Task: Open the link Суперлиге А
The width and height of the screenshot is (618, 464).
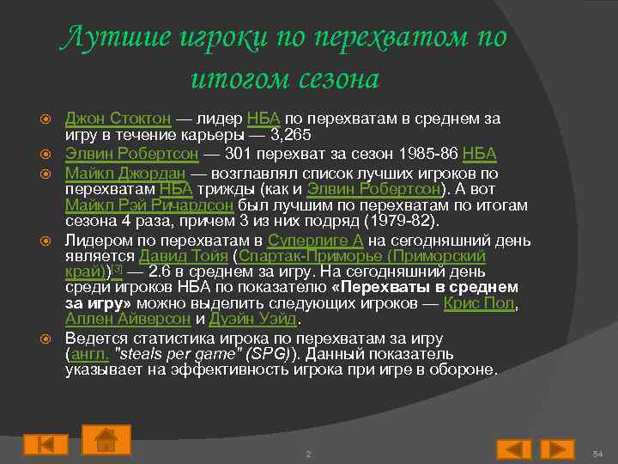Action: [317, 239]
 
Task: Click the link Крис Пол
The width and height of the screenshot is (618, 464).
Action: [480, 303]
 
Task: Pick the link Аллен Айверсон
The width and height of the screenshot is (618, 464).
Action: [128, 320]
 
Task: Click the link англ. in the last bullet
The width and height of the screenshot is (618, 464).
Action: [87, 353]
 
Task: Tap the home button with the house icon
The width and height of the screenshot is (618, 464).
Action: [106, 440]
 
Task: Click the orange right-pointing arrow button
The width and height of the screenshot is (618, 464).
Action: [556, 449]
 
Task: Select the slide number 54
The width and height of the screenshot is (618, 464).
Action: [599, 452]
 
